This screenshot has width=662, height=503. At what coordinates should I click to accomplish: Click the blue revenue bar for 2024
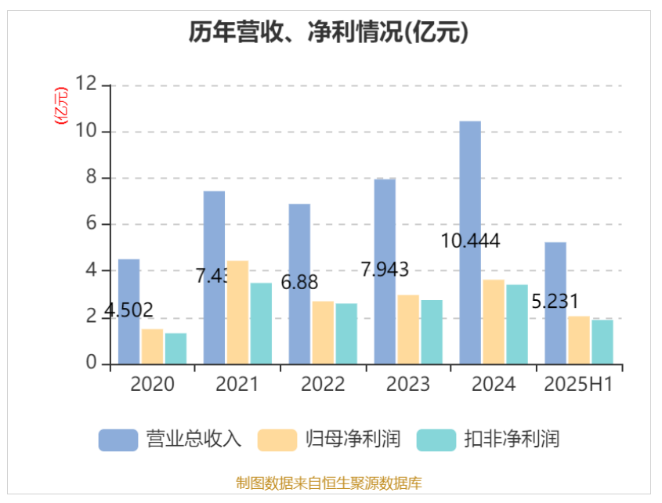(x=470, y=243)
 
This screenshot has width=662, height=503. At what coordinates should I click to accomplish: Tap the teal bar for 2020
(x=175, y=349)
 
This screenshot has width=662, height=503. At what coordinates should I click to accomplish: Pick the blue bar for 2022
(x=299, y=284)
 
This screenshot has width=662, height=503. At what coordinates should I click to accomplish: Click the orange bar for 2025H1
(x=579, y=340)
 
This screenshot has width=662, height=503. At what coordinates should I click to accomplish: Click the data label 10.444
(x=470, y=241)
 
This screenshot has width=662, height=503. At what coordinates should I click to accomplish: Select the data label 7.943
(x=385, y=270)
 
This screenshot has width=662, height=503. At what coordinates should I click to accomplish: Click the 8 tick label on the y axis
(x=92, y=178)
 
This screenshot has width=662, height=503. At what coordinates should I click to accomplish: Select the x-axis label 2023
(x=408, y=385)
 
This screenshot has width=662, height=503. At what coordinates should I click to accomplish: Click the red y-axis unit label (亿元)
(x=61, y=106)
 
